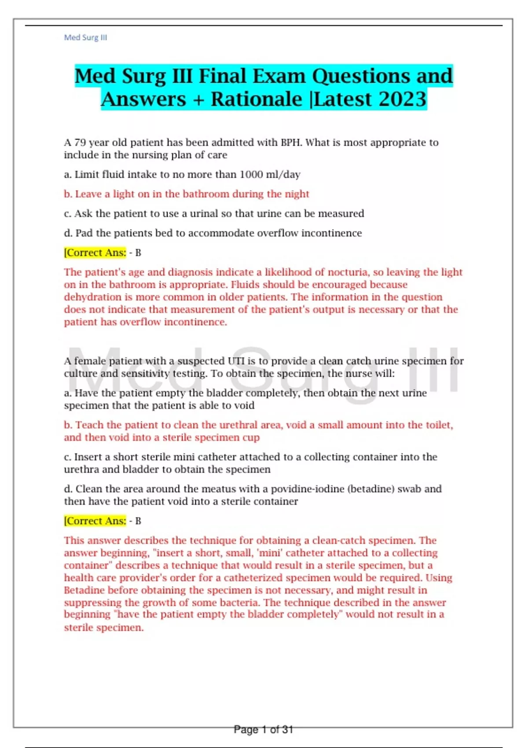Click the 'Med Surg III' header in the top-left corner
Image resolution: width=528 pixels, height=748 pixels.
pyautogui.click(x=85, y=37)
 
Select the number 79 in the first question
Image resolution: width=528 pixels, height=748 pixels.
pyautogui.click(x=80, y=143)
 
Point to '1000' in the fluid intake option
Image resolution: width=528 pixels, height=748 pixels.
pyautogui.click(x=251, y=175)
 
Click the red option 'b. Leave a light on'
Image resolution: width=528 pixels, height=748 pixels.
pyautogui.click(x=186, y=194)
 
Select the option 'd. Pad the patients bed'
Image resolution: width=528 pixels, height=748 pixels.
pyautogui.click(x=213, y=233)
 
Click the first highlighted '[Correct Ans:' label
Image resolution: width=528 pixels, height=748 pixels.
pyautogui.click(x=95, y=253)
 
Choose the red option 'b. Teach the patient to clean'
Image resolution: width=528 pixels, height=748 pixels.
pyautogui.click(x=258, y=425)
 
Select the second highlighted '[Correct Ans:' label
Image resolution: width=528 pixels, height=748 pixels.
pyautogui.click(x=95, y=521)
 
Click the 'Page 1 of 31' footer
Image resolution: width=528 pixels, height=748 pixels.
pyautogui.click(x=263, y=730)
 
